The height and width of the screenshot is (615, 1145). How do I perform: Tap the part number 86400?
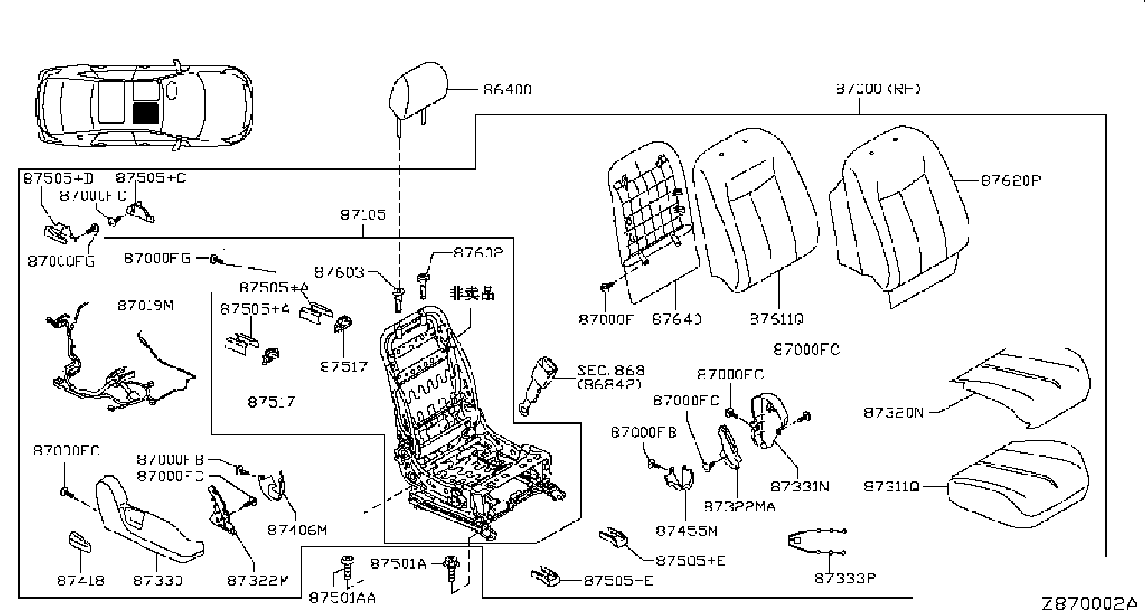coord(507,89)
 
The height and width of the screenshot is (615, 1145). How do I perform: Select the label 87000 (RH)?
coord(878,89)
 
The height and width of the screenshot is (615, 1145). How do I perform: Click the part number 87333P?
coord(847,577)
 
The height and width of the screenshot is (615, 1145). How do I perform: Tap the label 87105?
coord(363,216)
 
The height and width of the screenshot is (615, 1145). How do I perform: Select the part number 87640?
coord(676,319)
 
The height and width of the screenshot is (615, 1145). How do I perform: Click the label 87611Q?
coord(776,319)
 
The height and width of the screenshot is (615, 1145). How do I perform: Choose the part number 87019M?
coord(145,306)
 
